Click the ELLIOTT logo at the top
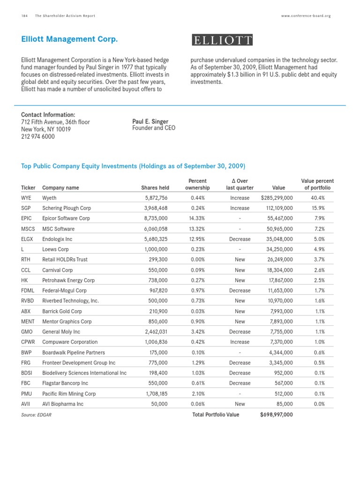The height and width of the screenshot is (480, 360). pos(222,40)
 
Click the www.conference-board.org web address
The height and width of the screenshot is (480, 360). pos(306,15)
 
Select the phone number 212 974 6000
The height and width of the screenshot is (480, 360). pos(38,136)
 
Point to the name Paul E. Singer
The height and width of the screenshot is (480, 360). pos(150,121)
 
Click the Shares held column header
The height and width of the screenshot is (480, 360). pos(154,188)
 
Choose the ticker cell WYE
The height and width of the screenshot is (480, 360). pos(27,198)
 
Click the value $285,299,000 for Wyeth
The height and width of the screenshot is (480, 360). pos(277,198)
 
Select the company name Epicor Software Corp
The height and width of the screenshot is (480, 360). pos(66,218)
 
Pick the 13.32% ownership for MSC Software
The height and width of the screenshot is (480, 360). pos(197,229)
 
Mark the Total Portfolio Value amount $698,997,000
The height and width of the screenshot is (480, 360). pos(277,415)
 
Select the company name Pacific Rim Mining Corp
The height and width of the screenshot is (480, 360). pos(68,394)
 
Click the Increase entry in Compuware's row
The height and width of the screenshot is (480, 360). pos(240,342)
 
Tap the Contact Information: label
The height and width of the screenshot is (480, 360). pos(48,115)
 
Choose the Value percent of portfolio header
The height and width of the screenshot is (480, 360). pos(317,184)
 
